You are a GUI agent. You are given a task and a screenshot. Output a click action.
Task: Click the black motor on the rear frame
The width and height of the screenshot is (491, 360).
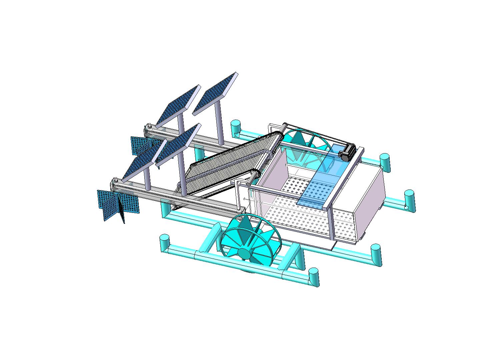click(348, 152)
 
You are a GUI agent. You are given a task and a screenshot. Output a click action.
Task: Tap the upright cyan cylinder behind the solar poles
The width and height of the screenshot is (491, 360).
click(236, 127)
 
